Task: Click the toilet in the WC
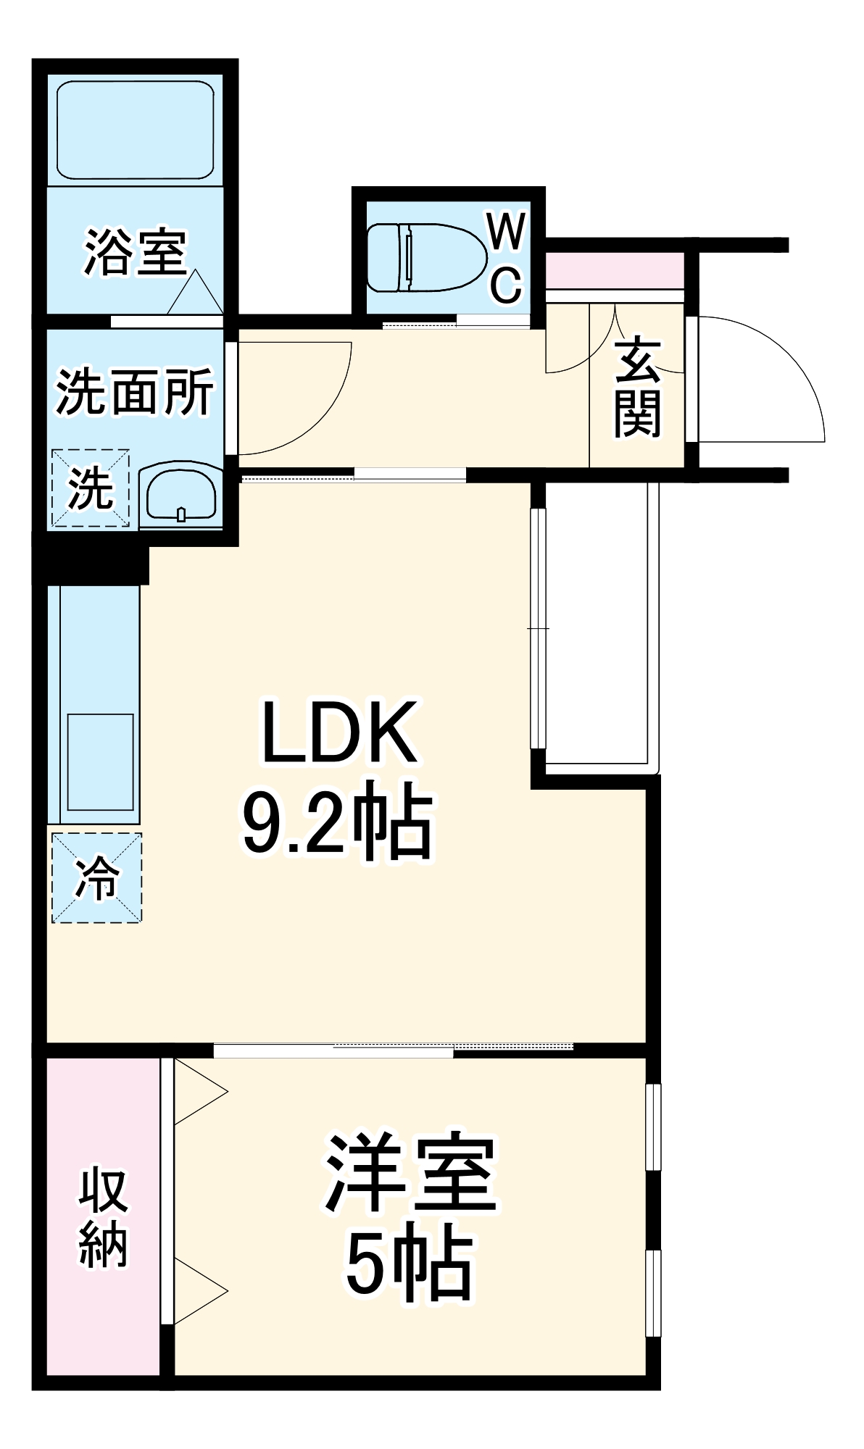(x=425, y=257)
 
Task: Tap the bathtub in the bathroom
(x=136, y=130)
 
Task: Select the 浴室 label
(x=136, y=253)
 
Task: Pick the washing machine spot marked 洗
(x=90, y=488)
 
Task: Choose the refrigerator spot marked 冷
(x=97, y=877)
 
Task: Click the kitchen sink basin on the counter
(x=100, y=761)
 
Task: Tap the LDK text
(x=339, y=732)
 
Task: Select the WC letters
(x=506, y=259)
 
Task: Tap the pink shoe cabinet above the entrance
(x=614, y=270)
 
